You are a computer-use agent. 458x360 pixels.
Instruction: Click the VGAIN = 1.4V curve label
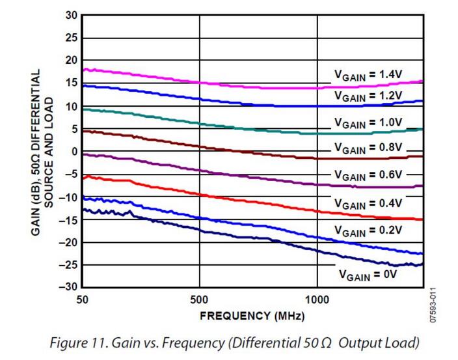[x=369, y=76]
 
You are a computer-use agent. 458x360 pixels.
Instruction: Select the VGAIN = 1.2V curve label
[x=369, y=95]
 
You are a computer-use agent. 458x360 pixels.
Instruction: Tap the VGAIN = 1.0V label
[x=369, y=122]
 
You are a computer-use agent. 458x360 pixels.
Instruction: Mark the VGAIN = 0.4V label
[x=369, y=203]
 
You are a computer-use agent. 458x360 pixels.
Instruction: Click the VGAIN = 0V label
[x=368, y=275]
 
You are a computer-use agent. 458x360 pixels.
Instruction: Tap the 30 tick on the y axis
[x=71, y=15]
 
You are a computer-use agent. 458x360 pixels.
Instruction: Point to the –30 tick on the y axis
[x=69, y=287]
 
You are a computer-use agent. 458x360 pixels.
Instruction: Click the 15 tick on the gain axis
[x=71, y=83]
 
